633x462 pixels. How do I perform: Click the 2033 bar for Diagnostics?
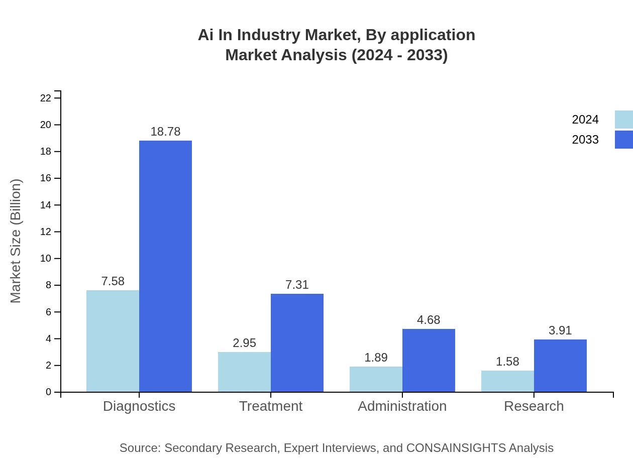tap(165, 266)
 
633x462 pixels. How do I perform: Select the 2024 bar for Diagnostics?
tap(113, 341)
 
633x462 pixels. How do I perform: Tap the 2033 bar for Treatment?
tap(297, 342)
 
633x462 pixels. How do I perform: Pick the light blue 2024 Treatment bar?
tap(244, 372)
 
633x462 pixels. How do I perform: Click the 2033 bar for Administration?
tap(429, 360)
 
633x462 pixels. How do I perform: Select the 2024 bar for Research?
tap(507, 381)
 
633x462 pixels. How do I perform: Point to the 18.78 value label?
tap(165, 132)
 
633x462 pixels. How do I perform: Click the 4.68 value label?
tap(429, 320)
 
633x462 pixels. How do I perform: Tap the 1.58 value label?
tap(507, 362)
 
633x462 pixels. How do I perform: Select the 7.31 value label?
tap(297, 285)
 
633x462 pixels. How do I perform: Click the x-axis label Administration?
tap(402, 406)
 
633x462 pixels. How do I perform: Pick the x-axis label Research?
tap(534, 406)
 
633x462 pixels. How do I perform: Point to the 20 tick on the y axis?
tap(46, 125)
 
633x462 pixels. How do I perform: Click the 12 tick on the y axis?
tap(46, 232)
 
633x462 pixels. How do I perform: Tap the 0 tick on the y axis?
tap(49, 392)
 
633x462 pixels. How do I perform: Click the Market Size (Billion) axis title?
tap(16, 241)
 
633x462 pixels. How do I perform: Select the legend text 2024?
tap(585, 120)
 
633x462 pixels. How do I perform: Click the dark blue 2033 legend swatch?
tap(623, 140)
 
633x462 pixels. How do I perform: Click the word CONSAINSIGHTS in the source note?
tap(455, 448)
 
